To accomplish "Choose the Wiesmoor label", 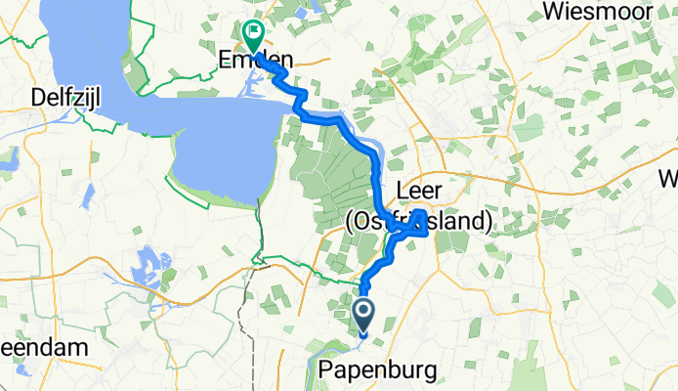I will tap(599, 13).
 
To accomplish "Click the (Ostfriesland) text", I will tap(418, 222).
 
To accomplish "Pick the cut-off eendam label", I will tap(34, 348).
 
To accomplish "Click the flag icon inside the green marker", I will tap(254, 32).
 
